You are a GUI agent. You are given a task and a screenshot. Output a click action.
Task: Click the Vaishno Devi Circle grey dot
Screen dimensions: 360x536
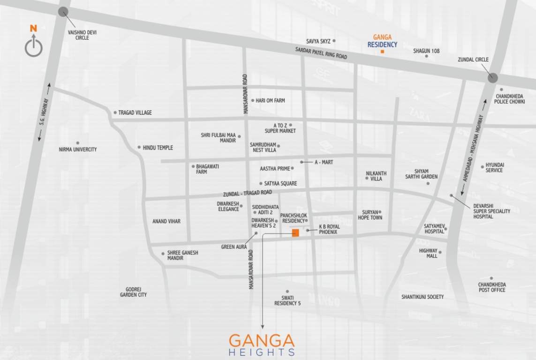tap(63, 12)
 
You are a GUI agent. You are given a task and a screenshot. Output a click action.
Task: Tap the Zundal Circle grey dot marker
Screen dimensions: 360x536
tap(492, 78)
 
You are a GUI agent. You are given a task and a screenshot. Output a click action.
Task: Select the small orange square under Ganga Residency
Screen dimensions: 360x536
tap(382, 52)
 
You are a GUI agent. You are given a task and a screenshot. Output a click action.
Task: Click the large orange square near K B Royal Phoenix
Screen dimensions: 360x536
tap(295, 233)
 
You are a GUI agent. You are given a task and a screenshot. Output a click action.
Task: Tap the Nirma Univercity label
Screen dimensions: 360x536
tap(78, 150)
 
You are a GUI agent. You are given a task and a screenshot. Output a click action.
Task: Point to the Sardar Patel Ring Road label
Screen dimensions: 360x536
tap(321, 52)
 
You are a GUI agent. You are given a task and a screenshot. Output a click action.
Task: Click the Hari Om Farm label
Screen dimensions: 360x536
tap(270, 100)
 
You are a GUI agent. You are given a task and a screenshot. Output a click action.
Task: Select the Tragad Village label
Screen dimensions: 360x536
tap(135, 113)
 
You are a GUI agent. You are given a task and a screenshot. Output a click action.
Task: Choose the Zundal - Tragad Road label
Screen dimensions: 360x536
tap(249, 193)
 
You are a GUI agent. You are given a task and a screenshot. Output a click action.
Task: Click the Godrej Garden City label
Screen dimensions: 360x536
tap(133, 292)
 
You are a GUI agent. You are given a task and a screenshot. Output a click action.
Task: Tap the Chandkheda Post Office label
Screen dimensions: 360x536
tap(492, 287)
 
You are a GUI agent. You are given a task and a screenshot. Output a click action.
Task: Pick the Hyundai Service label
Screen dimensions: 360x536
tap(495, 168)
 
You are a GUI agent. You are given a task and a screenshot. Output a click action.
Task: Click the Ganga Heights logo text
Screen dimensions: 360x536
tap(262, 345)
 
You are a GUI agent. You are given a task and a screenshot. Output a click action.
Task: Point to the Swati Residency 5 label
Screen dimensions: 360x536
tap(287, 300)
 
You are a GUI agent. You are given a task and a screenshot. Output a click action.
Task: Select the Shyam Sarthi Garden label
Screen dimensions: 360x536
tap(422, 174)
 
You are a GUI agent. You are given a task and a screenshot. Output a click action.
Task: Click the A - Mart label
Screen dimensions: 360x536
tap(324, 162)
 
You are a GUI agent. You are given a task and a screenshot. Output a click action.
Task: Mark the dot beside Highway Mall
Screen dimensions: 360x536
tap(440, 252)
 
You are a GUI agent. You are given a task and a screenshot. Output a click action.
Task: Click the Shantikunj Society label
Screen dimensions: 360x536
tap(423, 297)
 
